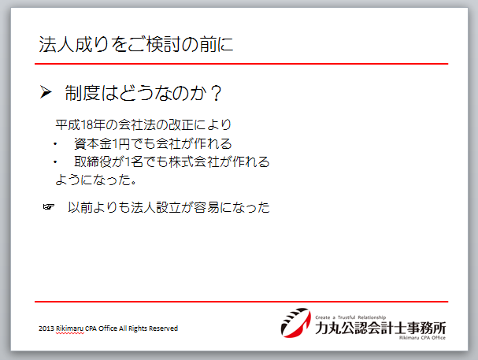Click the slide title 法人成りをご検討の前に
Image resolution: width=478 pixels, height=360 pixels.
[136, 44]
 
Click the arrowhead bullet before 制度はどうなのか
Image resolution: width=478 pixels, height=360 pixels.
[46, 92]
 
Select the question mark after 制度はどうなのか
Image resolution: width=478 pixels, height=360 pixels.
[217, 93]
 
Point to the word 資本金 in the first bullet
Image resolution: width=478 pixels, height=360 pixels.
[93, 143]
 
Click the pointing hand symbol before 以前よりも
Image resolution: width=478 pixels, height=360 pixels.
[49, 207]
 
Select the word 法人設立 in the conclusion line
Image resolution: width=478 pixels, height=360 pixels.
[156, 207]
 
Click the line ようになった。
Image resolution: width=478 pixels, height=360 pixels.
[96, 180]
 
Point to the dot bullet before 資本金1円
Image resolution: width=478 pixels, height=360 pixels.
[55, 144]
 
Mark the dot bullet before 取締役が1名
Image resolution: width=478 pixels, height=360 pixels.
[55, 161]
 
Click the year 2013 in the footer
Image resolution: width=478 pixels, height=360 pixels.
[46, 328]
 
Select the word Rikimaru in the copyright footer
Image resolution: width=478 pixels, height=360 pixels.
[70, 328]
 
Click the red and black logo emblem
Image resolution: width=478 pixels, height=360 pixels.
[296, 323]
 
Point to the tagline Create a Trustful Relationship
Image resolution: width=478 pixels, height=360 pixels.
[350, 317]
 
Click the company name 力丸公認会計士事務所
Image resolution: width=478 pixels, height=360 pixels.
[380, 328]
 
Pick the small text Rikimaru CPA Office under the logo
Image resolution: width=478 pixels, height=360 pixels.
[422, 338]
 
